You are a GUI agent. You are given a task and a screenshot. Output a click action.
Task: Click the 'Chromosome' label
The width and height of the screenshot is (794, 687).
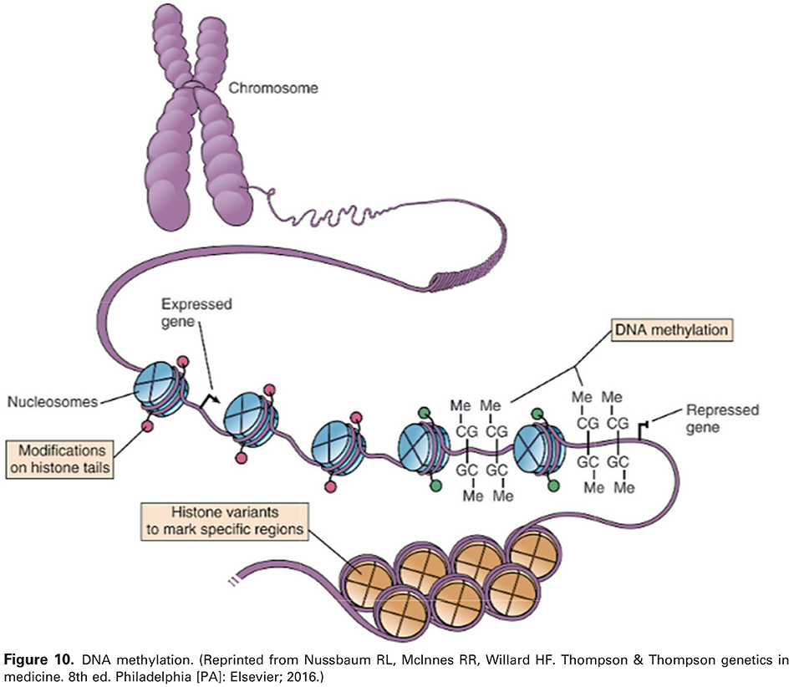268,87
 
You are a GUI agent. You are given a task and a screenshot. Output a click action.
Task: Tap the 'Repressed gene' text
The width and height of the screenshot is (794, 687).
721,419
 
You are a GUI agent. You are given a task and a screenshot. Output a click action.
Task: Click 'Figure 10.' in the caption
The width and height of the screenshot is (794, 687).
34,659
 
